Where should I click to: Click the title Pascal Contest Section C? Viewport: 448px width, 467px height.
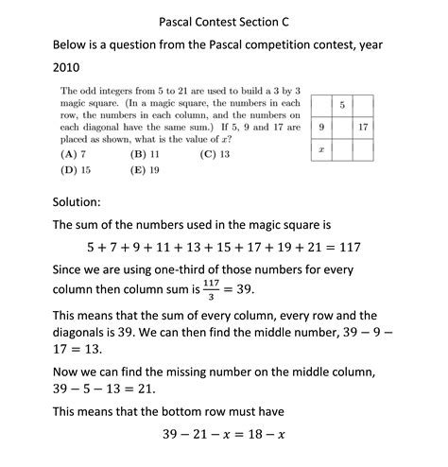[x=223, y=18]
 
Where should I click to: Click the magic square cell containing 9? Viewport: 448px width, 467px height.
[x=321, y=126]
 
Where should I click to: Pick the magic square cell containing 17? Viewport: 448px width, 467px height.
[x=364, y=126]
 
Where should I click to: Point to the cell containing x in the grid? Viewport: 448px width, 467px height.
[x=321, y=148]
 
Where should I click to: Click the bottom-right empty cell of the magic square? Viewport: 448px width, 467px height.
[x=364, y=148]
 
